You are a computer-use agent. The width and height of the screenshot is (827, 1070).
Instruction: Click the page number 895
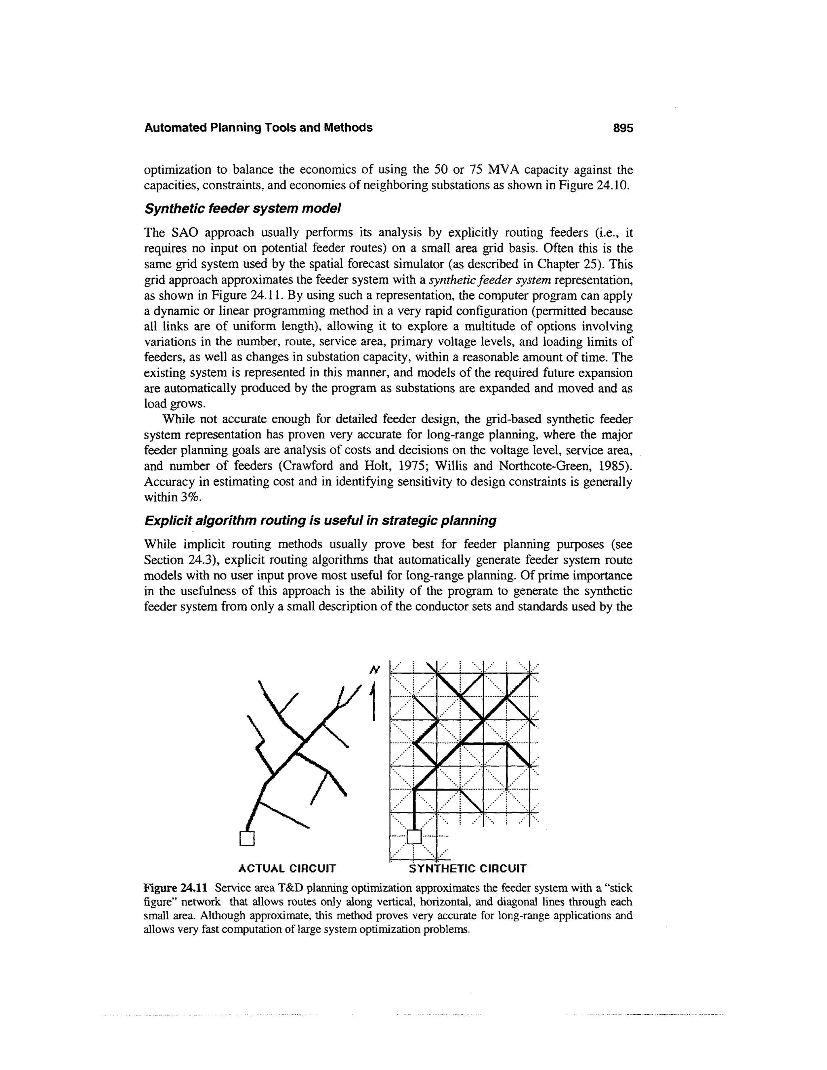[x=623, y=128]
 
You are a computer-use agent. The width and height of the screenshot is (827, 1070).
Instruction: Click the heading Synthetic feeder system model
[x=242, y=209]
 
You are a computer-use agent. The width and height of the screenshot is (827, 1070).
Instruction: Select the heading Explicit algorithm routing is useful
[x=320, y=520]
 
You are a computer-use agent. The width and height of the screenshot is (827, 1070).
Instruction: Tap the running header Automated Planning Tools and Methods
[x=258, y=128]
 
